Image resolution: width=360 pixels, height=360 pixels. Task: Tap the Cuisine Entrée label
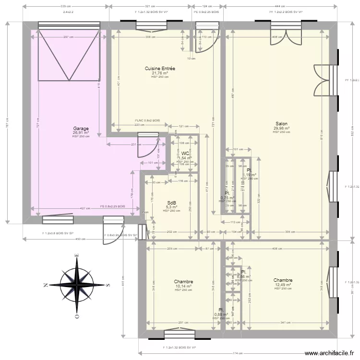(160, 69)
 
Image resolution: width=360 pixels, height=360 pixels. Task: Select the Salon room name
(281, 124)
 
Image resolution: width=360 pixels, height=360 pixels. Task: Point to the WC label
(185, 154)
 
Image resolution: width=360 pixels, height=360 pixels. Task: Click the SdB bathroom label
(171, 203)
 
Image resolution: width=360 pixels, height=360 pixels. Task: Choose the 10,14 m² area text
(183, 287)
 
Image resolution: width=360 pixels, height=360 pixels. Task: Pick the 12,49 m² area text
(283, 285)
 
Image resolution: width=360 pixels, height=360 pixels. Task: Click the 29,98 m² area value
(281, 128)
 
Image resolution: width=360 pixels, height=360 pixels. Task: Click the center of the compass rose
(76, 285)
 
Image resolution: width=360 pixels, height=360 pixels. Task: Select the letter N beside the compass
(45, 285)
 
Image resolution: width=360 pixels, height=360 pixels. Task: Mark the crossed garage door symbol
(69, 54)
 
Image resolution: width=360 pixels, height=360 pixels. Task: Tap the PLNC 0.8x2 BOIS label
(147, 120)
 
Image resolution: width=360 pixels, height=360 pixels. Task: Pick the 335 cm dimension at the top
(64, 6)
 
